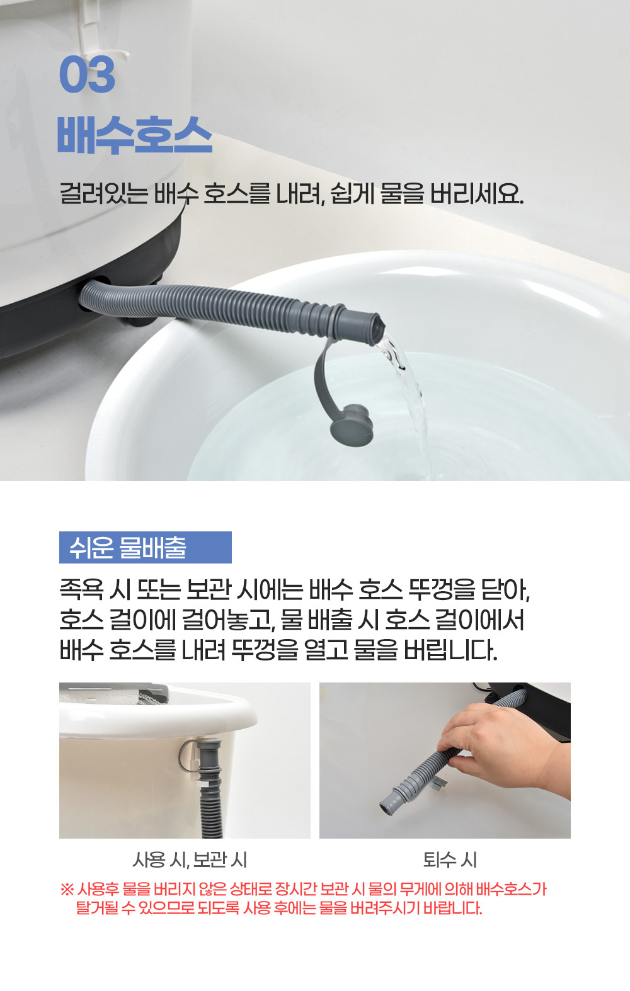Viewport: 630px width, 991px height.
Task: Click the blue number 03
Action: [x=87, y=74]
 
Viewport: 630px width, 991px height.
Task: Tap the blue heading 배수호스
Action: [x=135, y=135]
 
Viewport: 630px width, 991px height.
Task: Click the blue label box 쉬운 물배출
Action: [x=145, y=547]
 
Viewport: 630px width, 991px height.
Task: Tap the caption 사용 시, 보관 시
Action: [x=190, y=859]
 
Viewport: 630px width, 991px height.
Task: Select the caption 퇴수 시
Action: [x=450, y=859]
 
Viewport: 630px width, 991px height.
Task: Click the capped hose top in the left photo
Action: [x=209, y=750]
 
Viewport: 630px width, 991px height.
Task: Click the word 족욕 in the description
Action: [x=81, y=590]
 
